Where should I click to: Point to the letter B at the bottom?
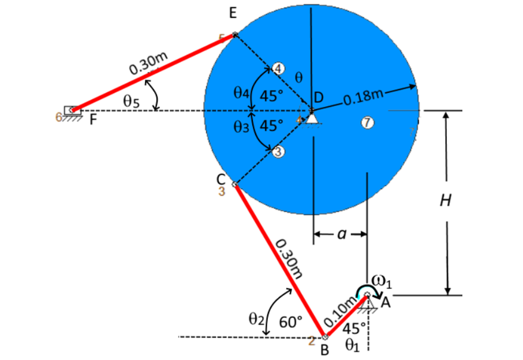point(324,349)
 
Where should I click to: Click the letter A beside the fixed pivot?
point(386,302)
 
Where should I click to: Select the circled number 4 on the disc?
point(278,68)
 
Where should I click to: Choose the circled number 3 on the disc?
point(278,152)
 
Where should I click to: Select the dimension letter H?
point(445,201)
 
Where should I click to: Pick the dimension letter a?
point(341,234)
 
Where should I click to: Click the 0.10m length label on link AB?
point(341,312)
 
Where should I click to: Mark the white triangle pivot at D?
point(312,118)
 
